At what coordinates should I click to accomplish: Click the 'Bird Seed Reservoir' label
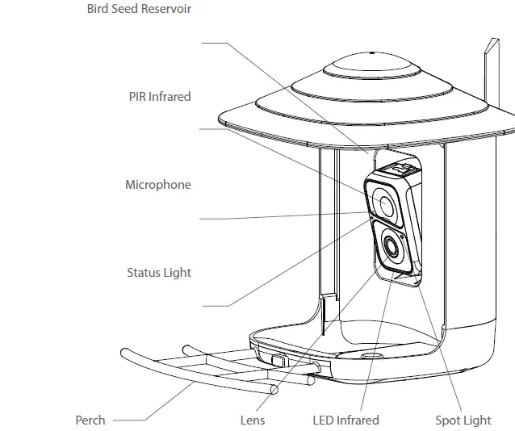pyautogui.click(x=139, y=10)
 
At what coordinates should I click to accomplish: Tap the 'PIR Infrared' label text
pyautogui.click(x=159, y=96)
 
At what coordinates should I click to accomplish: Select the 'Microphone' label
pyautogui.click(x=158, y=185)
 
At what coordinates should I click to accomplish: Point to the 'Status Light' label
pyautogui.click(x=159, y=273)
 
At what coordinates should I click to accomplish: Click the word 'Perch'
pyautogui.click(x=90, y=421)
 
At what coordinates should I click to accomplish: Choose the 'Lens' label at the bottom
pyautogui.click(x=252, y=421)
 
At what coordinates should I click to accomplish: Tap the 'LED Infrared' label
pyautogui.click(x=345, y=421)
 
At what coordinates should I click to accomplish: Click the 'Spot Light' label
pyautogui.click(x=463, y=421)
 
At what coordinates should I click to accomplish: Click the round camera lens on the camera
pyautogui.click(x=391, y=247)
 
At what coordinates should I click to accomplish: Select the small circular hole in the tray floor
pyautogui.click(x=371, y=355)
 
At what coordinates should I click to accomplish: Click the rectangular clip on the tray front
pyautogui.click(x=277, y=357)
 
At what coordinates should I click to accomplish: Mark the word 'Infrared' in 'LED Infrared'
pyautogui.click(x=358, y=421)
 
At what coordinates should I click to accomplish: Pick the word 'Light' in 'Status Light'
pyautogui.click(x=177, y=273)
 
